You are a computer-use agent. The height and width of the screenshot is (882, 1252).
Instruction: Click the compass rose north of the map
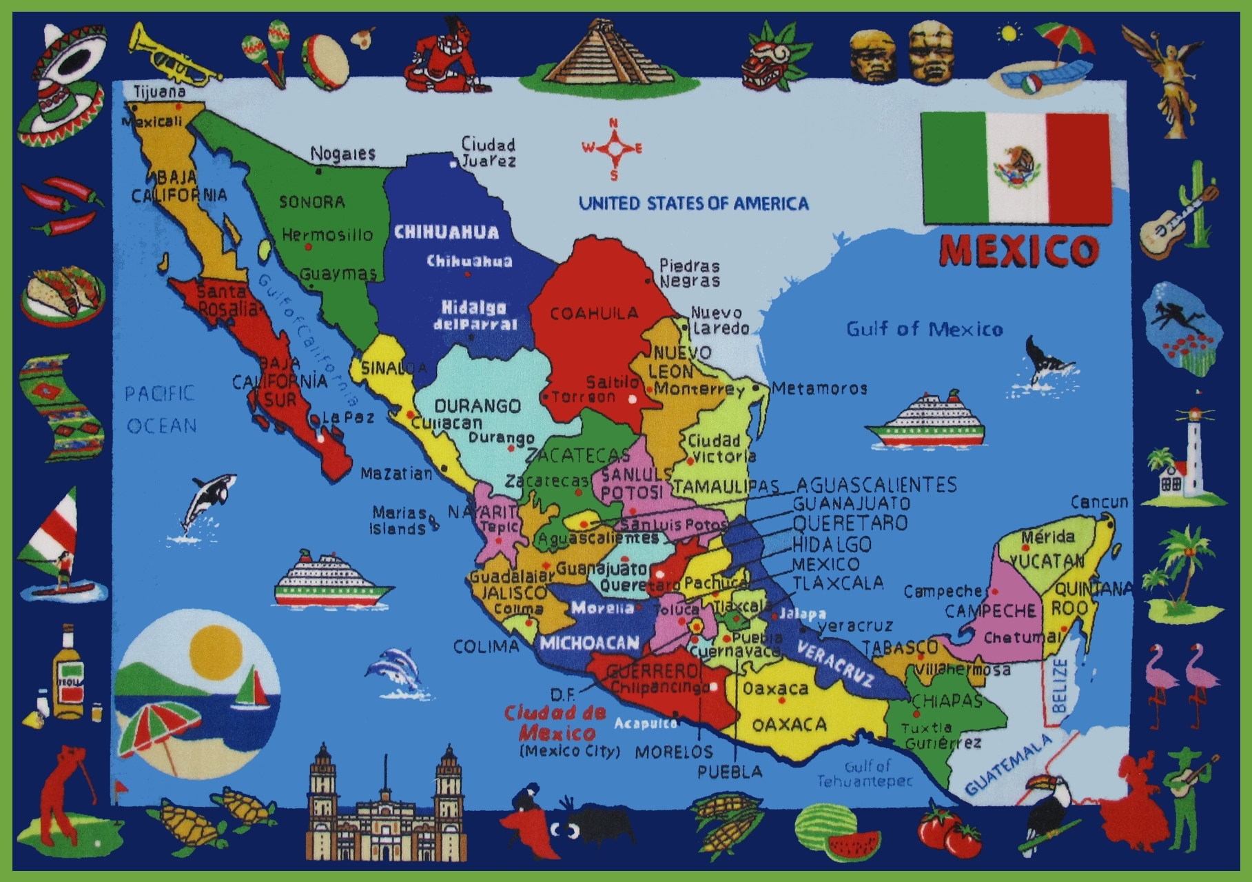(613, 148)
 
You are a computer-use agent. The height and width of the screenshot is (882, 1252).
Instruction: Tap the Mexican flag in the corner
(1016, 169)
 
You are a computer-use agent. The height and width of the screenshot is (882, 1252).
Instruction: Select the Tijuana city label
(159, 92)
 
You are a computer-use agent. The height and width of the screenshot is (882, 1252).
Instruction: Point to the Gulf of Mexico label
(924, 329)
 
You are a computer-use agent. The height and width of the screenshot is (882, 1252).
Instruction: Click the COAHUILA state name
(594, 314)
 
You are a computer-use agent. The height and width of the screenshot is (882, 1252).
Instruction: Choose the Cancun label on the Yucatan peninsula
(1099, 502)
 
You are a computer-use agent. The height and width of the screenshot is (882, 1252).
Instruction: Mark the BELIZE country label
(1060, 685)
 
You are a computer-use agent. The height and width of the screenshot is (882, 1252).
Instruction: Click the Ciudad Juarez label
(488, 152)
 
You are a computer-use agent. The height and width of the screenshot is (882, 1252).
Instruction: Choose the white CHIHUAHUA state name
(447, 232)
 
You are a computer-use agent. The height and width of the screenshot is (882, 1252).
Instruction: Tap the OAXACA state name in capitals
(789, 724)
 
